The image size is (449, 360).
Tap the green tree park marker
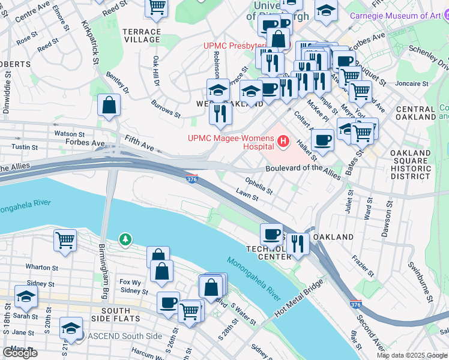pos(125,240)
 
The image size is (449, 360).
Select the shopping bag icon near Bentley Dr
pos(110,105)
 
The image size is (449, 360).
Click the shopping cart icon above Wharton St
pos(65,241)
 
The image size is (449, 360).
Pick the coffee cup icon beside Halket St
pos(322,140)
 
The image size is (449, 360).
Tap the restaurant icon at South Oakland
pos(298,244)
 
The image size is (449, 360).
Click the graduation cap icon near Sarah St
pos(26,296)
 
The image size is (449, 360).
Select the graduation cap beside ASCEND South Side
pos(71,328)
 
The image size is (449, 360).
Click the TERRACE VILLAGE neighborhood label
pos(142,35)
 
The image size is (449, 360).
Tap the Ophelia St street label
pos(259,184)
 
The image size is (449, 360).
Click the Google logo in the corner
pos(20,353)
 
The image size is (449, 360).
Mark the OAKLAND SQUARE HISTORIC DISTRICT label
pos(410,165)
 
